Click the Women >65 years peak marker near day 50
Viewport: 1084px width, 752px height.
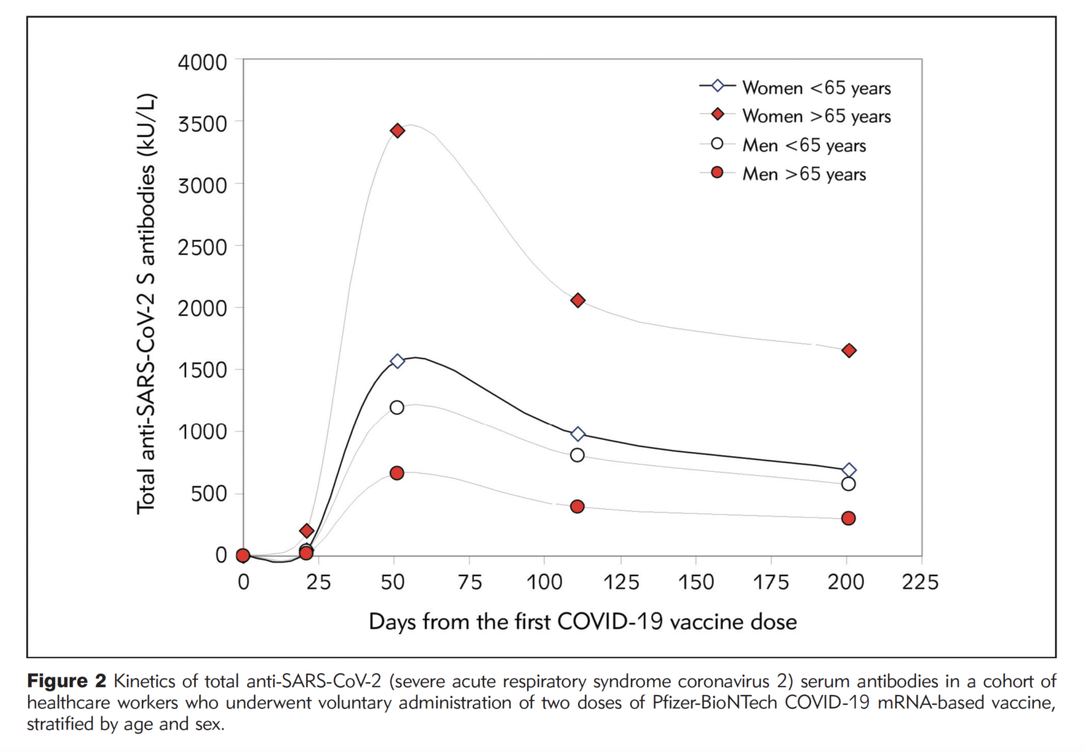tap(397, 131)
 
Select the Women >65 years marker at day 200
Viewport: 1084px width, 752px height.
tap(849, 350)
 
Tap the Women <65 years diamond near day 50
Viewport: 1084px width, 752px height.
tap(397, 361)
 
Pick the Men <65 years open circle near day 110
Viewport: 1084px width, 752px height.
tap(577, 455)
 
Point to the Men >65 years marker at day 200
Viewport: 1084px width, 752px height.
tap(848, 518)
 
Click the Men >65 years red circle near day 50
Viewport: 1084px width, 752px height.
tap(397, 473)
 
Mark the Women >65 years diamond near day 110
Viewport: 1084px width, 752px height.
tap(577, 300)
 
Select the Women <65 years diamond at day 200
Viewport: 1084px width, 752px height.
tap(849, 470)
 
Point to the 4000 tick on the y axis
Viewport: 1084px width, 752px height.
tap(202, 63)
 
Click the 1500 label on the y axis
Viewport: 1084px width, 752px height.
tap(202, 370)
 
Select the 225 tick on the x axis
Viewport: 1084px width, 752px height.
tap(920, 582)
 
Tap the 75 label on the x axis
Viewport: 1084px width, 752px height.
tap(469, 582)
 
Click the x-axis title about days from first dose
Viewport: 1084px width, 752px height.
tap(582, 621)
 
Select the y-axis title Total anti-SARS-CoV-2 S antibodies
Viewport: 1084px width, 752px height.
tap(146, 304)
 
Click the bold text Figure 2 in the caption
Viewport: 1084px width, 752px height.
tap(66, 681)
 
